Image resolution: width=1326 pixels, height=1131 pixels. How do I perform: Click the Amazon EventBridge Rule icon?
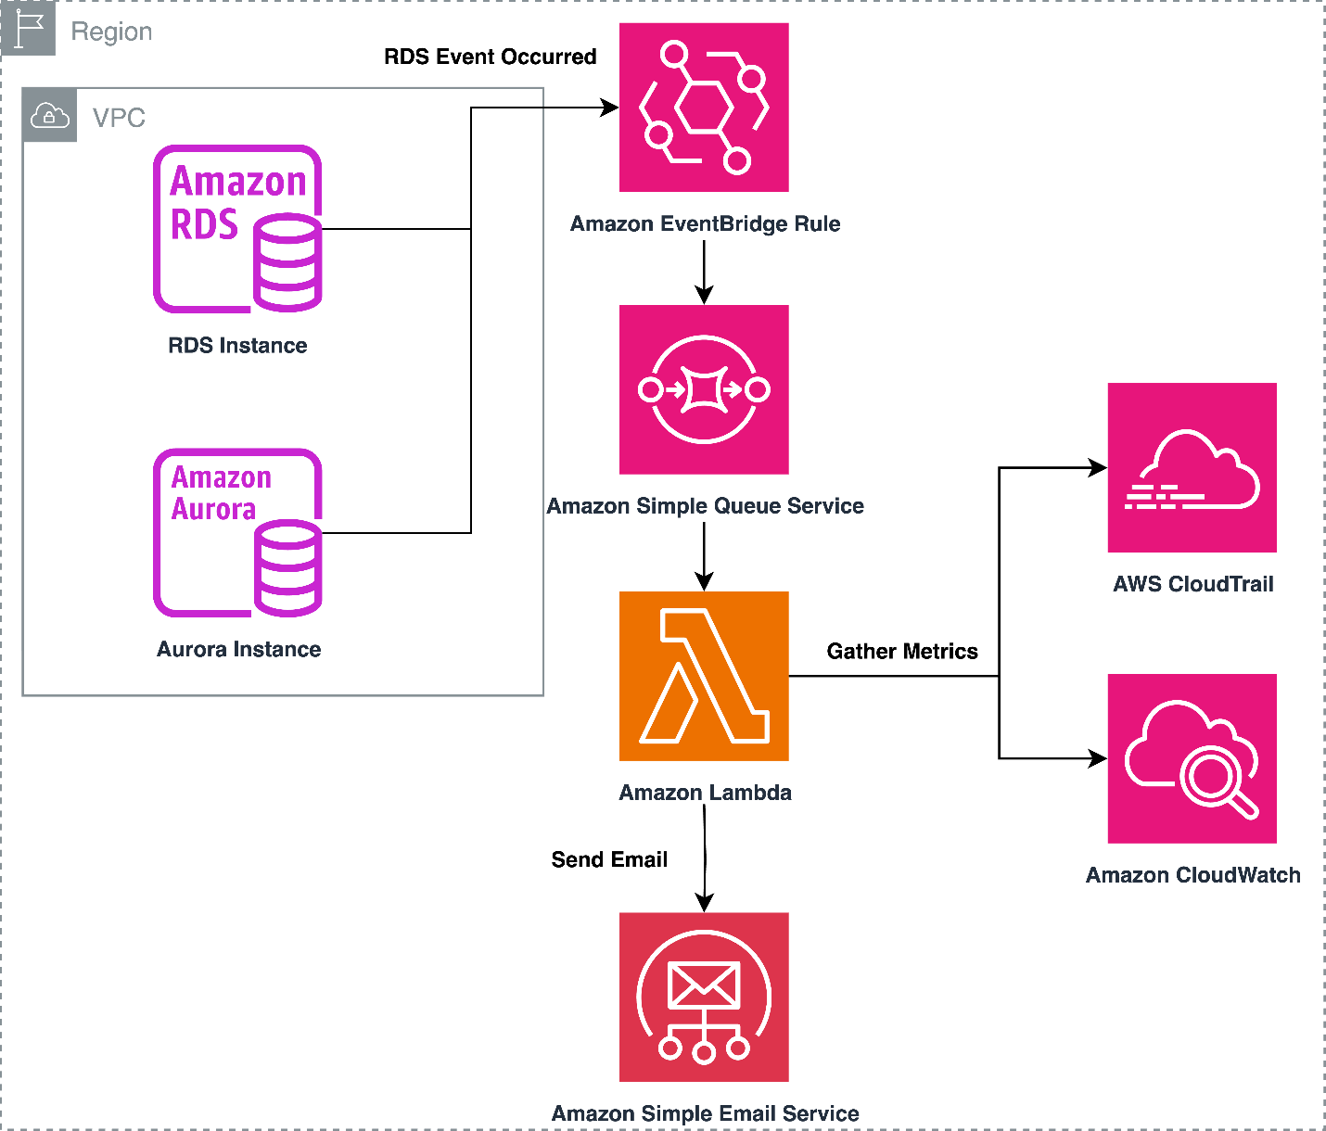click(x=704, y=108)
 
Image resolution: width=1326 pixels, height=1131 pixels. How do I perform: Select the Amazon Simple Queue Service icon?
click(x=704, y=389)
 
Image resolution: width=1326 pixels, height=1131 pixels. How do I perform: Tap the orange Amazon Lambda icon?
click(x=704, y=676)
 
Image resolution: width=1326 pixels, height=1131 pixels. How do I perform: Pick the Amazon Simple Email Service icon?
click(x=704, y=997)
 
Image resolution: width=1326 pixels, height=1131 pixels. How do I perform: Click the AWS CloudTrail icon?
click(x=1192, y=467)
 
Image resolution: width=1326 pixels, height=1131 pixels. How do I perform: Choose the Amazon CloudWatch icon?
click(x=1192, y=758)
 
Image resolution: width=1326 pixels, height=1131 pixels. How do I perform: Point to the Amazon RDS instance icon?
click(x=237, y=228)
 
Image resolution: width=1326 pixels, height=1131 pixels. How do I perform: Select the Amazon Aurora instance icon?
click(x=237, y=533)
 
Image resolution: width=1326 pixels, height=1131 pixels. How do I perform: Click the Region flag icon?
click(x=29, y=29)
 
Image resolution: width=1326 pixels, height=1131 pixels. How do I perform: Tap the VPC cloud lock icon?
click(x=50, y=116)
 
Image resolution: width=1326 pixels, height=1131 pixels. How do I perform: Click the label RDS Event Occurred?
click(x=490, y=57)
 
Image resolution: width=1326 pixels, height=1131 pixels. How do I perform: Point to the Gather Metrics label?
click(x=901, y=652)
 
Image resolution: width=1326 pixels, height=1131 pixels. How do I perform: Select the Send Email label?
click(x=609, y=859)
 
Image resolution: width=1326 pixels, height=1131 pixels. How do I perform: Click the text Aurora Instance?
click(x=238, y=649)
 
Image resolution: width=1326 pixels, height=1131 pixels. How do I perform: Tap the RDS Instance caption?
click(x=237, y=345)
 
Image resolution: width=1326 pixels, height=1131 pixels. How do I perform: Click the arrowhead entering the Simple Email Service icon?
click(x=705, y=902)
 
